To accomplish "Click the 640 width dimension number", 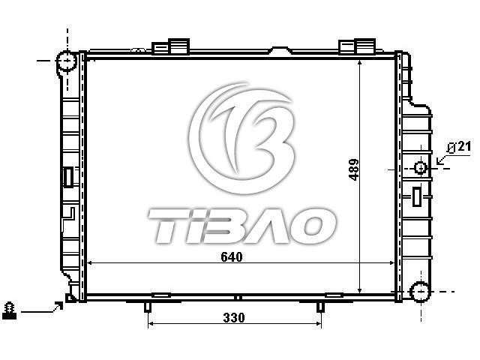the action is click(232, 256).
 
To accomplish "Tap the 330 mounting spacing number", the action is click(234, 317).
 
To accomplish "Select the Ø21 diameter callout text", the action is click(458, 148).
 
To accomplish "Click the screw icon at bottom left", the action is click(9, 310).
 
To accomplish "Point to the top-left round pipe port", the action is click(67, 61).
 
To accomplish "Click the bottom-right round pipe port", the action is click(421, 292).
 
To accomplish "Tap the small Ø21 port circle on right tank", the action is click(421, 168).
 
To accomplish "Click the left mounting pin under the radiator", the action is click(148, 307).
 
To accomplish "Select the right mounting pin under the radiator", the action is click(320, 307).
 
